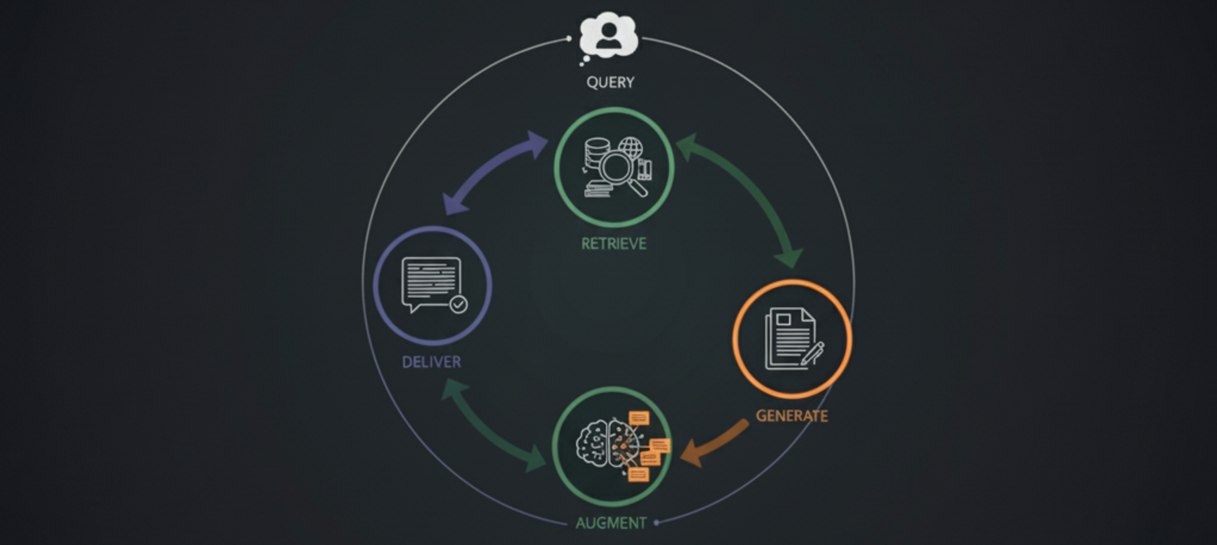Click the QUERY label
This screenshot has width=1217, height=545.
click(x=610, y=82)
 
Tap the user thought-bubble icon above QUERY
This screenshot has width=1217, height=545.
click(x=608, y=36)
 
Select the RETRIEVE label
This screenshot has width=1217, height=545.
click(x=614, y=244)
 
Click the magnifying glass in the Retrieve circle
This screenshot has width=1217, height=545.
click(x=617, y=169)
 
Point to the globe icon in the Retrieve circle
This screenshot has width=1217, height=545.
click(x=631, y=147)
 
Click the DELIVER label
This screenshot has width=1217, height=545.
click(x=432, y=362)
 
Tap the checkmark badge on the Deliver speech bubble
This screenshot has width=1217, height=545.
click(x=459, y=304)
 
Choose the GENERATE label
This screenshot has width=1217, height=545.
click(x=792, y=416)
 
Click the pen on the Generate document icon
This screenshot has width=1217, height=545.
click(x=813, y=353)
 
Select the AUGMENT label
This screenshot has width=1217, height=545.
click(x=611, y=523)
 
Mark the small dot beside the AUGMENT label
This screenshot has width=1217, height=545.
click(x=656, y=523)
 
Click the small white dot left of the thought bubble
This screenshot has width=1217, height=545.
click(x=568, y=39)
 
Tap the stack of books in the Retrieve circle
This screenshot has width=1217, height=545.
click(x=598, y=189)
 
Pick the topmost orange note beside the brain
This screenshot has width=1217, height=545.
click(x=639, y=419)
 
